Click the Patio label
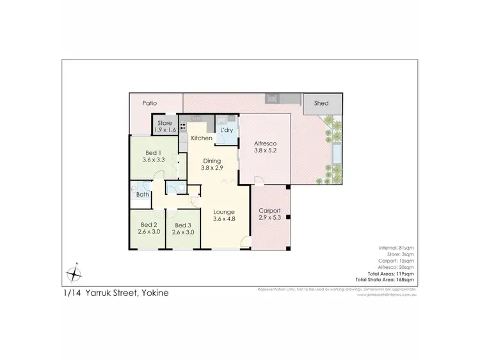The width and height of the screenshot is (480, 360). point(150,102)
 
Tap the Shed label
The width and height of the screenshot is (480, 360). point(321,103)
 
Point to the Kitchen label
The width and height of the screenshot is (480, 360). point(202,138)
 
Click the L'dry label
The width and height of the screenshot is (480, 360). point(226,130)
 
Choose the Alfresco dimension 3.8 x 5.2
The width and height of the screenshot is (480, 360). point(265,152)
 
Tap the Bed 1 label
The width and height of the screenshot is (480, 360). point(153,152)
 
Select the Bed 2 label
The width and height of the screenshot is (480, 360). point(148,225)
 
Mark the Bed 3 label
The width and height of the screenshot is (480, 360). point(183,225)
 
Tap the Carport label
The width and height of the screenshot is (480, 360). point(269,210)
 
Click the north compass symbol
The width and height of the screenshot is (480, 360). point(75,274)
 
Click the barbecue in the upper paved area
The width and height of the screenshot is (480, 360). point(273,99)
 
